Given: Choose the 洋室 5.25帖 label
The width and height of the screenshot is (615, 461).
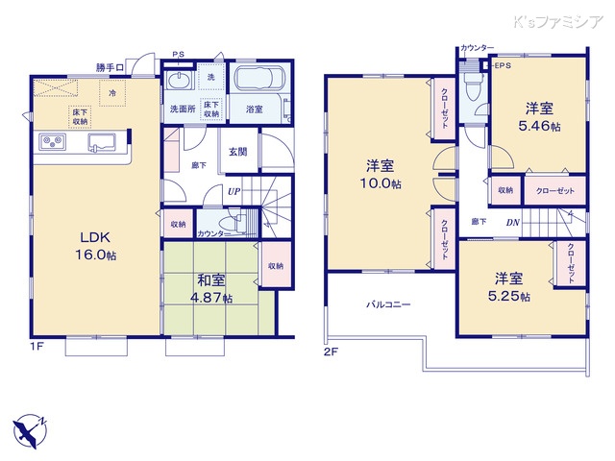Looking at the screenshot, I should [x=508, y=286].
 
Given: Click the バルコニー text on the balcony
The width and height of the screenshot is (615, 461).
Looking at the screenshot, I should [x=387, y=304].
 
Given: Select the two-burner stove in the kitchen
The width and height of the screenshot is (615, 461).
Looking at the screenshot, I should [x=53, y=144].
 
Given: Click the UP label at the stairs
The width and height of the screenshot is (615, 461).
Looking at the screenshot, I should [x=234, y=192].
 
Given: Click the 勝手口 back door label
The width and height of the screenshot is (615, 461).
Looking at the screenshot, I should [x=111, y=67].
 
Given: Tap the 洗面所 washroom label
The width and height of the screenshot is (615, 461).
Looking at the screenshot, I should [x=183, y=109].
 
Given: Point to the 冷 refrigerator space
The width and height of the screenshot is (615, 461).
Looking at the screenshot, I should [x=113, y=93].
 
